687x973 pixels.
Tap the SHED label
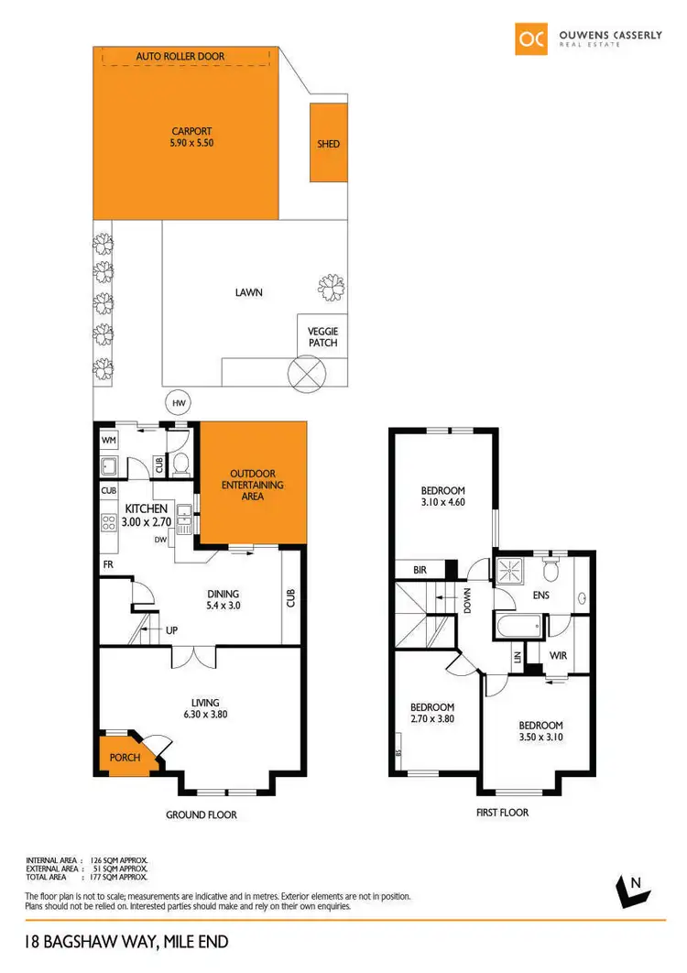pyautogui.click(x=328, y=144)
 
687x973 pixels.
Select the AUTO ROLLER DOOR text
pyautogui.click(x=180, y=57)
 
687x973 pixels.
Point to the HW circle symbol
pyautogui.click(x=175, y=401)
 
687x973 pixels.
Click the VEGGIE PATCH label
pyautogui.click(x=322, y=337)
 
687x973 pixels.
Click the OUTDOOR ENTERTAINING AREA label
pyautogui.click(x=252, y=485)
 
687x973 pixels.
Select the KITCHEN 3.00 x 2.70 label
pyautogui.click(x=146, y=515)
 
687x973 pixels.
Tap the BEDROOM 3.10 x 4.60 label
pyautogui.click(x=443, y=496)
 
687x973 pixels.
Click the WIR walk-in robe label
pyautogui.click(x=558, y=655)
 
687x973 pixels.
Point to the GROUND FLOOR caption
pyautogui.click(x=201, y=814)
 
